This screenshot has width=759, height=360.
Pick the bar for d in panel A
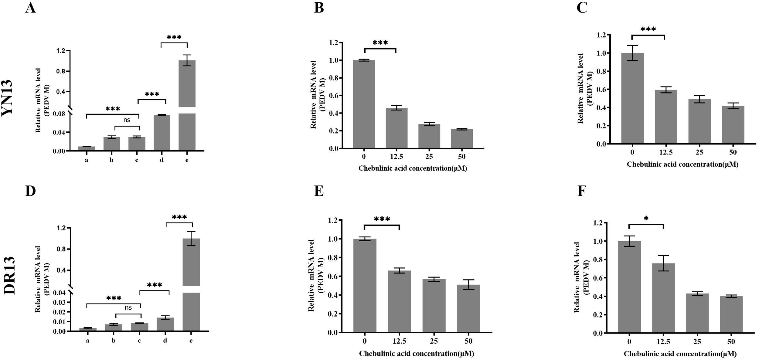[162, 133]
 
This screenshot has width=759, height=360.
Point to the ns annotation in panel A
[127, 120]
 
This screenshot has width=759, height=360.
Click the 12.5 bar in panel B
[397, 128]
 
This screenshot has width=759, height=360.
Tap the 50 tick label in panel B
[462, 157]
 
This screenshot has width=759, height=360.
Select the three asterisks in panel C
[648, 29]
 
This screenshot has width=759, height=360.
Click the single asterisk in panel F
[646, 218]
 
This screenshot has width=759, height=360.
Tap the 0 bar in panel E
[365, 285]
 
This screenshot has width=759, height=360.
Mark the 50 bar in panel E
[468, 308]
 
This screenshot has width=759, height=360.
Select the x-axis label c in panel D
[139, 341]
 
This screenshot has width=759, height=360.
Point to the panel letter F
[581, 192]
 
